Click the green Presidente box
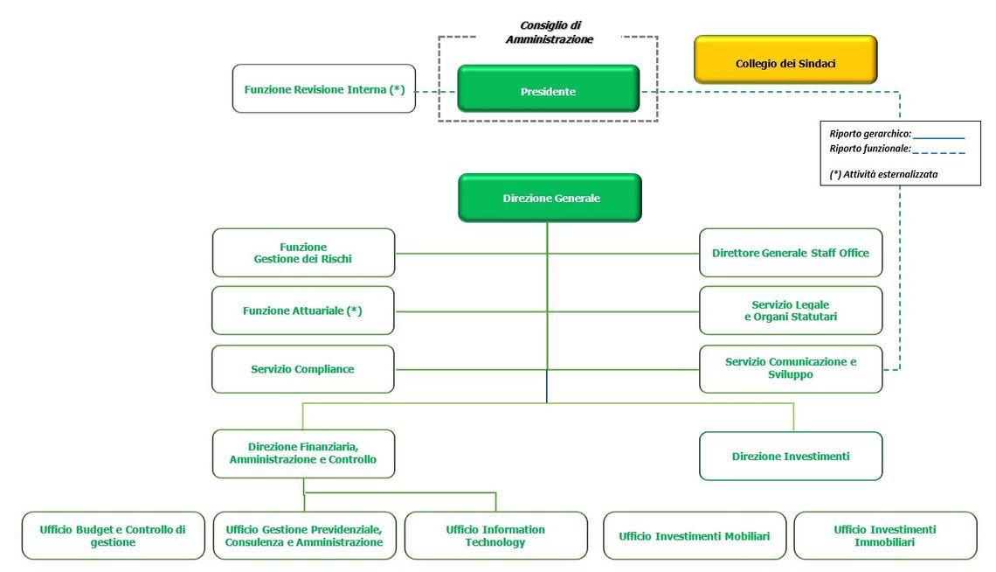click(548, 89)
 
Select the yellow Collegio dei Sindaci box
click(785, 59)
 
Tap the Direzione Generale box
click(550, 198)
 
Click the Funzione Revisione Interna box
click(324, 89)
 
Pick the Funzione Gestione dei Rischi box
click(304, 253)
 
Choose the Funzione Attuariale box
click(303, 310)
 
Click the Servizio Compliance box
click(303, 369)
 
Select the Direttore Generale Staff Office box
click(791, 253)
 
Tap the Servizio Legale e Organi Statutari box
click(791, 310)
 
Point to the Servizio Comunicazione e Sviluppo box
click(791, 369)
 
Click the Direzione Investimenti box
click(791, 457)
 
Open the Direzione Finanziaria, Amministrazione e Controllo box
click(304, 454)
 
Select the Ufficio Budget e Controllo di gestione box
click(113, 536)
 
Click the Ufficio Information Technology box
click(496, 536)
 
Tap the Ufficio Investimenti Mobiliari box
click(695, 536)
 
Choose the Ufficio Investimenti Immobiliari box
click(885, 536)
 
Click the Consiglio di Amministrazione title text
click(550, 32)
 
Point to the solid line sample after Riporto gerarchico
click(939, 137)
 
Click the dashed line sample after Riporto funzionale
click(939, 152)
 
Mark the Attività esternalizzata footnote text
click(883, 174)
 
